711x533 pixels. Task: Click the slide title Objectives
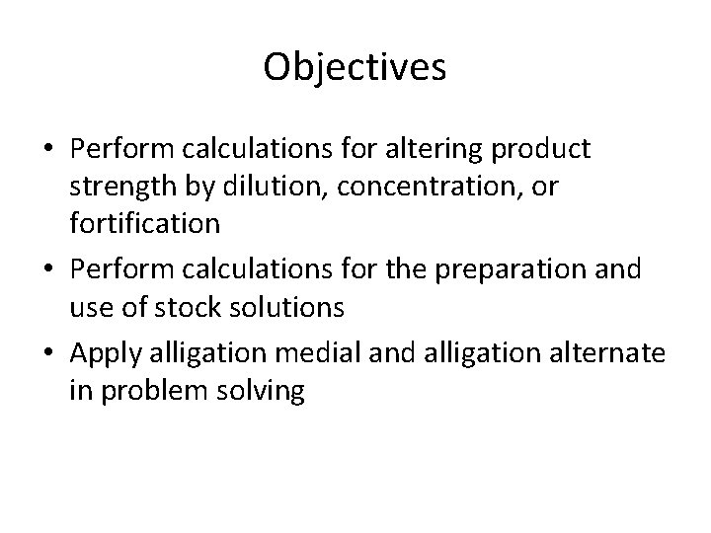click(x=355, y=68)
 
